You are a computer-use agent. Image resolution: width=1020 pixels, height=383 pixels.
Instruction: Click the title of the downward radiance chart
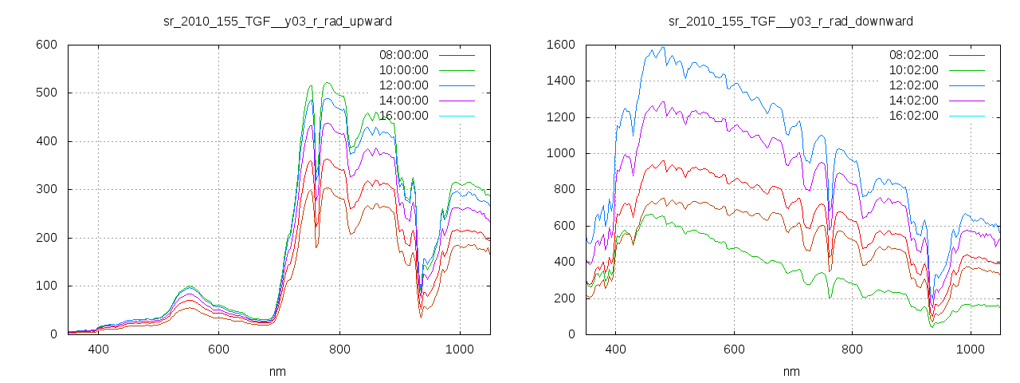tap(790, 21)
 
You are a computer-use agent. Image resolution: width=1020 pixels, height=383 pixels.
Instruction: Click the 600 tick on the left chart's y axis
tap(46, 45)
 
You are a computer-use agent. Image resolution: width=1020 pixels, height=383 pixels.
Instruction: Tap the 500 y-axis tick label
tap(46, 93)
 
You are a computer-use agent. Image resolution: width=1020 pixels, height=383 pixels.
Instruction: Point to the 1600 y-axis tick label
tap(561, 45)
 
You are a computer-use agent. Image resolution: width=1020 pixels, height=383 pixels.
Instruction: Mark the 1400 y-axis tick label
tap(561, 81)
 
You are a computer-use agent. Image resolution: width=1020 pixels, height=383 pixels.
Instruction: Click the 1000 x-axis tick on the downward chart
tap(971, 349)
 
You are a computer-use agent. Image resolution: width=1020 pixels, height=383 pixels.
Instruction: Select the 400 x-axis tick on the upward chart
tap(99, 349)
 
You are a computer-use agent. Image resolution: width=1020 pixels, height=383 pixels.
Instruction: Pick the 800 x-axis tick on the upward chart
tap(339, 349)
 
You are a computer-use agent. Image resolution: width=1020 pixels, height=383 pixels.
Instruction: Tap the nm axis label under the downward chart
tap(791, 371)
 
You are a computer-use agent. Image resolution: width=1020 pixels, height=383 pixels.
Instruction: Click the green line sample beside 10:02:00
tap(967, 70)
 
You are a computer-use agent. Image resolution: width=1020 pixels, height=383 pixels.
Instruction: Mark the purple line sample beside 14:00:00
tap(457, 101)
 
